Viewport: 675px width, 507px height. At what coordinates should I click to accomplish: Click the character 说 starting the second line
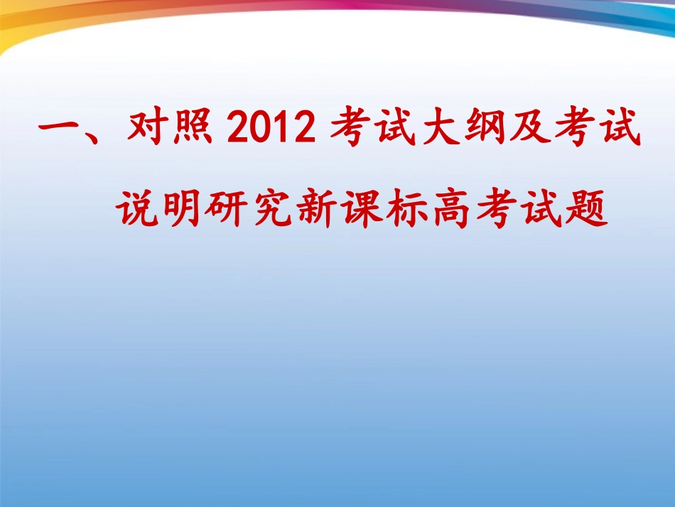[138, 208]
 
